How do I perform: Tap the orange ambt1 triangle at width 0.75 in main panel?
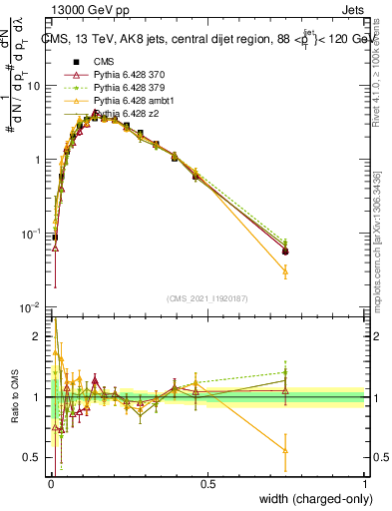[285, 270]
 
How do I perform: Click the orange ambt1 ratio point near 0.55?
[285, 451]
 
